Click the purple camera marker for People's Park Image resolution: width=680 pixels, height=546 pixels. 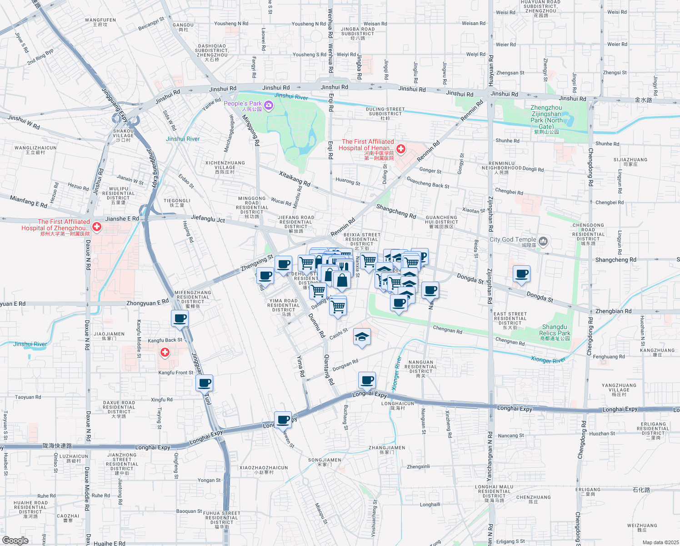pos(269,106)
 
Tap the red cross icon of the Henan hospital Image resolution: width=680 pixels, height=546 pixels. pos(401,149)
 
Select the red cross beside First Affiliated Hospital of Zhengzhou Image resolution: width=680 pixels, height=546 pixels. pos(96,226)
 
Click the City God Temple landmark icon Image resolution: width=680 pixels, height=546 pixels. pos(543,241)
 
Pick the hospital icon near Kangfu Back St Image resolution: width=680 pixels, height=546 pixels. pos(165,352)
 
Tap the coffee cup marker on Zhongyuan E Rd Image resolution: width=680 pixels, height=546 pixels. pos(180,318)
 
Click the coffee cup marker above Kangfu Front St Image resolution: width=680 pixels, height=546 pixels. pos(205,383)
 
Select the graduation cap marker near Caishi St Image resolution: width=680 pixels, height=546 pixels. pos(362,337)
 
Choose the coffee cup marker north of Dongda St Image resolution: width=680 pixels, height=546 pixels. pos(521,274)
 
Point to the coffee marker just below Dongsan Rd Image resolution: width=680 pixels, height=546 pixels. pos(367,379)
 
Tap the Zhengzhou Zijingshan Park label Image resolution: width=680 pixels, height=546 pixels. pos(546,117)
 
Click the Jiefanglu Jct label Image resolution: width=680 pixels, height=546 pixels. pos(208,219)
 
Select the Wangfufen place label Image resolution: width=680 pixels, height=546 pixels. pos(100,22)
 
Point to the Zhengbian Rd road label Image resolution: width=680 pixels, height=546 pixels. pos(613,311)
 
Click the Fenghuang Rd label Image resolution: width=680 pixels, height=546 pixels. pos(609,357)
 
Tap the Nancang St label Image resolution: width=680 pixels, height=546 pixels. pos(511,435)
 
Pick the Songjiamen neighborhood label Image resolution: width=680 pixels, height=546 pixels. pos(325,462)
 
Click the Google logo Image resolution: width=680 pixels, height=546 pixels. pos(15,540)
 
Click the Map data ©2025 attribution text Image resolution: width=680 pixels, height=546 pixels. pos(660,542)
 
